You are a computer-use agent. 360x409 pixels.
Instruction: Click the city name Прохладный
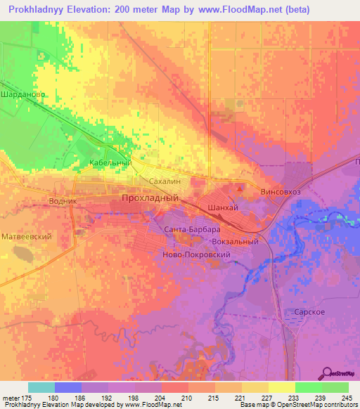150,199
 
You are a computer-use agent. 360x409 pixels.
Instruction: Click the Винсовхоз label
281,191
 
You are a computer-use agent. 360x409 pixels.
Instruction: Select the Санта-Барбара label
192,230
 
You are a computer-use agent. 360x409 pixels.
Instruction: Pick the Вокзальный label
236,242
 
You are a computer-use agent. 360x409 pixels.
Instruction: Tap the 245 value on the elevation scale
345,398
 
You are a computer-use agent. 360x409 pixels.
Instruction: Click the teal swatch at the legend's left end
41,387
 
